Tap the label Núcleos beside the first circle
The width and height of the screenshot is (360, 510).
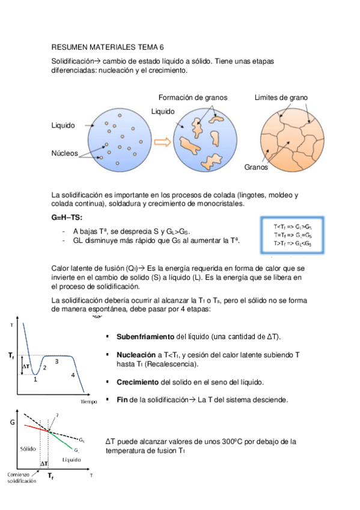[65, 153]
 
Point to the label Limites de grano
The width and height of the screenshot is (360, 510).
[281, 97]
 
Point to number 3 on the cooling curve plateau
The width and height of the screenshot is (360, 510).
[56, 361]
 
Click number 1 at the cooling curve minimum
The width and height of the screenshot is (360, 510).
[35, 379]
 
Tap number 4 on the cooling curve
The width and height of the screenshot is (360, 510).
[73, 375]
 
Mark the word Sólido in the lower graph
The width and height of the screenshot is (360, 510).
[28, 449]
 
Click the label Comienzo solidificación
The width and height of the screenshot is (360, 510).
[22, 479]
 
